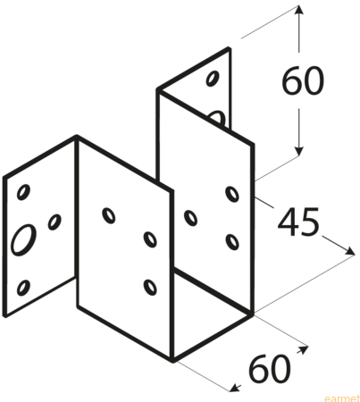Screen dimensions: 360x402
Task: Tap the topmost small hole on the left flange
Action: [23, 192]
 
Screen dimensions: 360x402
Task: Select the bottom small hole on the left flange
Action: [23, 288]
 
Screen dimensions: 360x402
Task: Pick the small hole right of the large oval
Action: [54, 222]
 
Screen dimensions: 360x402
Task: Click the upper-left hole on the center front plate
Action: [109, 215]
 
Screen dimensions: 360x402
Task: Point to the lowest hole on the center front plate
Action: [150, 287]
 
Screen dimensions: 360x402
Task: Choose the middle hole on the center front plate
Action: [150, 239]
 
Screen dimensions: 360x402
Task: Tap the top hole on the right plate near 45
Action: [232, 194]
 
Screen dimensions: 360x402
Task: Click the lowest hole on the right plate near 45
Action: [232, 242]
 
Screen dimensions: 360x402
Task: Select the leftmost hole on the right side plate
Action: [190, 218]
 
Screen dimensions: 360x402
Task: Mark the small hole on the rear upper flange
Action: [213, 78]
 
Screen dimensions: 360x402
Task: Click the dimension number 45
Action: [298, 222]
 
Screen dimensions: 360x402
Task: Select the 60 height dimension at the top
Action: [302, 80]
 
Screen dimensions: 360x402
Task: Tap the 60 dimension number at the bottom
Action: [269, 368]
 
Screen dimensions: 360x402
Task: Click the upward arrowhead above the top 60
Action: [299, 10]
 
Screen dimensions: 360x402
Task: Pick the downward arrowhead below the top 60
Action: [299, 151]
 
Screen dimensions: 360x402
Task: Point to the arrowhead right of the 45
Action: [349, 251]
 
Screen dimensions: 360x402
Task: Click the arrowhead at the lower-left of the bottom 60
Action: [235, 388]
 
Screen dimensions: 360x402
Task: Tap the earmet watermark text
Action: [342, 398]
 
